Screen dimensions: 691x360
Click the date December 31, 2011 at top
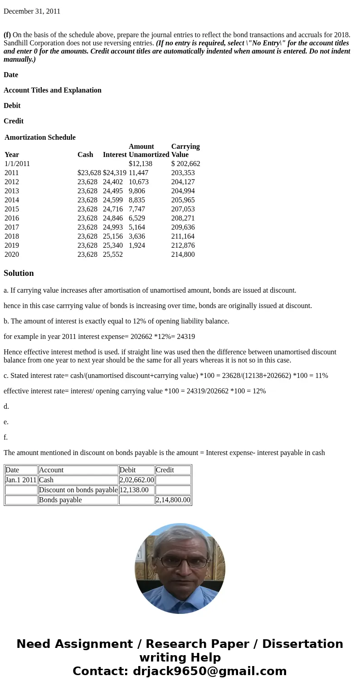coord(32,11)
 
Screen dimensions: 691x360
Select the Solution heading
coord(19,273)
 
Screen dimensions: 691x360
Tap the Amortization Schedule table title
coord(40,137)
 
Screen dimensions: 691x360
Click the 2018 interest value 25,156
coord(112,236)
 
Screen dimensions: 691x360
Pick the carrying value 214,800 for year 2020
coord(183,255)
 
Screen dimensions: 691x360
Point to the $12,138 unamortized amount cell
coord(140,164)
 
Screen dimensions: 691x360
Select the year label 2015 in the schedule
coord(12,209)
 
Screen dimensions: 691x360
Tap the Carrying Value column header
coord(185,151)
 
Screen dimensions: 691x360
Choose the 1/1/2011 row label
coord(17,164)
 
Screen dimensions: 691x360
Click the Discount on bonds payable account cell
coord(78,490)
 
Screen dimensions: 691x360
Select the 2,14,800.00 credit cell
coord(173,500)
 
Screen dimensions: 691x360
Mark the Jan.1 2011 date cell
coord(21,480)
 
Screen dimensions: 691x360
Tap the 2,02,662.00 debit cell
coord(136,480)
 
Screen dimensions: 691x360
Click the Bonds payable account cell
coord(60,500)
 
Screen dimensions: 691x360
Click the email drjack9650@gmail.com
coord(209,671)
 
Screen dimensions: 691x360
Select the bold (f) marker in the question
coord(7,35)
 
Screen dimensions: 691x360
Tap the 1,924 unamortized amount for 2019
coord(136,245)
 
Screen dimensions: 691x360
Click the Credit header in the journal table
coord(165,470)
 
